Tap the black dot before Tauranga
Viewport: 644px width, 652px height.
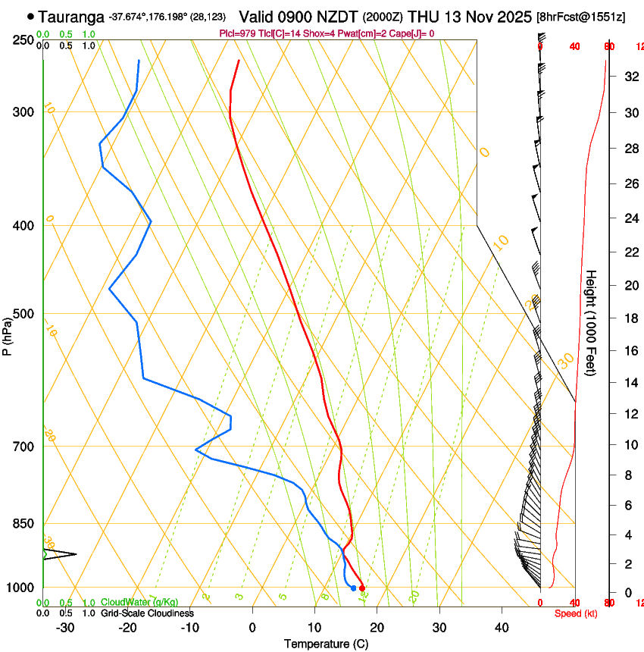[x=30, y=16]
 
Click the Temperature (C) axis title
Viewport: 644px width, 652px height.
[x=326, y=644]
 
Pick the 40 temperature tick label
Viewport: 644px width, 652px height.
[x=501, y=627]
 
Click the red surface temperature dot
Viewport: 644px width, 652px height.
[x=362, y=588]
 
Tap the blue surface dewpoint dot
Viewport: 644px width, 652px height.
[x=353, y=588]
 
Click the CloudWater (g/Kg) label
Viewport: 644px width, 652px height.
[x=139, y=602]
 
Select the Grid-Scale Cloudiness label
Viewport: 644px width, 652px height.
[x=147, y=613]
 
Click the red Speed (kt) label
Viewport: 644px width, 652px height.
[x=575, y=613]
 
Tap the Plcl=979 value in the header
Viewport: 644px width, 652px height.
[x=240, y=34]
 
